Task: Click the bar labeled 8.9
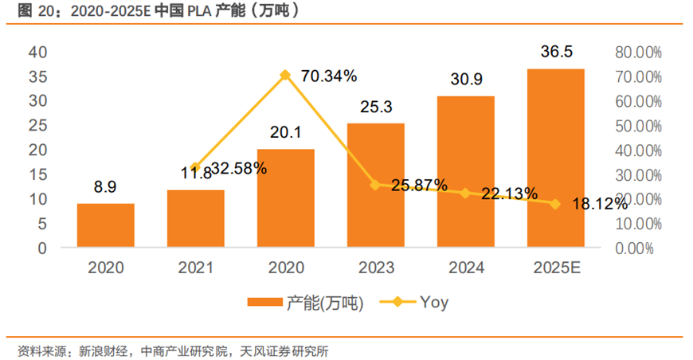point(106,225)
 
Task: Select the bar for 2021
point(196,218)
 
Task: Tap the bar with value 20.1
point(286,198)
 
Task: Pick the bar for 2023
point(376,185)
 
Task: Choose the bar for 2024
point(466,171)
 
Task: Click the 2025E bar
point(556,158)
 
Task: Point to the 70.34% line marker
point(286,75)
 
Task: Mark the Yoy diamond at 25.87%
point(376,185)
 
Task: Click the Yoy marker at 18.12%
point(555,204)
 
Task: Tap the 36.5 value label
point(557,52)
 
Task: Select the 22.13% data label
point(510,194)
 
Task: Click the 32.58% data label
point(239,168)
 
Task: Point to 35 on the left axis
point(38,77)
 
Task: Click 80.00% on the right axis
point(638,53)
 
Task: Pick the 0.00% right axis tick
point(634,248)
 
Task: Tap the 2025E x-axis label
point(557,268)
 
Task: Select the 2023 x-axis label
point(376,268)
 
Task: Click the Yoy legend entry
point(413,302)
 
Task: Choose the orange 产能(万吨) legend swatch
point(265,302)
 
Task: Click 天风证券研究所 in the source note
point(284,351)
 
